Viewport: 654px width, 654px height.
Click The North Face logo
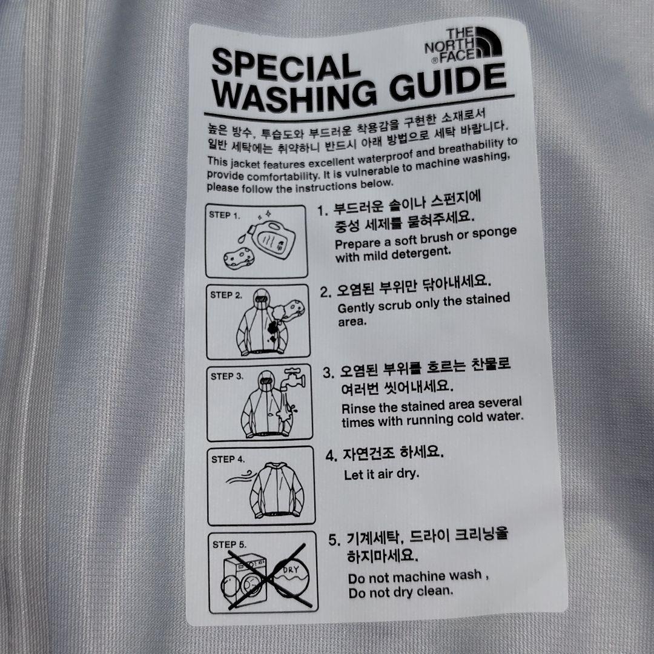tap(463, 45)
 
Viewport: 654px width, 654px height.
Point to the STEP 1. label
tap(225, 215)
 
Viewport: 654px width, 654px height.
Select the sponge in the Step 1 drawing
tap(239, 257)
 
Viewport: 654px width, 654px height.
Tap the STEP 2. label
tap(226, 295)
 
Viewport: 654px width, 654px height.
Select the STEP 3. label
tap(227, 376)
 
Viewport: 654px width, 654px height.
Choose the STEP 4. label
tap(228, 459)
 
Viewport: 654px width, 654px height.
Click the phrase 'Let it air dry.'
tap(381, 474)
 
